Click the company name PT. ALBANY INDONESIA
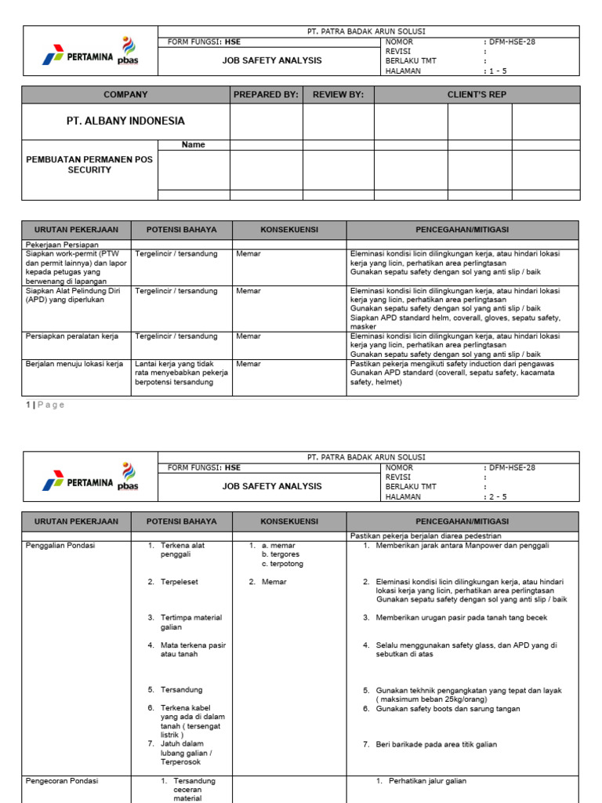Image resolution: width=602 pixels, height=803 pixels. pyautogui.click(x=125, y=121)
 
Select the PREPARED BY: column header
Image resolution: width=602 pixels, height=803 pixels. pyautogui.click(x=266, y=95)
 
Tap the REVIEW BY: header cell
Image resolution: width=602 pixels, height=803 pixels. pyautogui.click(x=338, y=95)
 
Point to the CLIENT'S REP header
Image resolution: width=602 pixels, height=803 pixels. pyautogui.click(x=477, y=95)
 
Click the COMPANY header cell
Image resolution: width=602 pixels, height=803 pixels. pyautogui.click(x=125, y=95)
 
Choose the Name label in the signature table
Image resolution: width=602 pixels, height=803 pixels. pyautogui.click(x=193, y=144)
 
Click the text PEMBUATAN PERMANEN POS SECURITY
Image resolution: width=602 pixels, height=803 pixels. pyautogui.click(x=89, y=165)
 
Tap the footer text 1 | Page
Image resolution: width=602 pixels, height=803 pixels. pyautogui.click(x=45, y=405)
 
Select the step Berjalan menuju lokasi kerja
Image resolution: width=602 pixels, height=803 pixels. pyautogui.click(x=74, y=364)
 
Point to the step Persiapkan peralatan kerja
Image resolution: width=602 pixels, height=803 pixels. pyautogui.click(x=72, y=336)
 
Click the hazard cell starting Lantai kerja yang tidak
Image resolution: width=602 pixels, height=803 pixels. pyautogui.click(x=181, y=373)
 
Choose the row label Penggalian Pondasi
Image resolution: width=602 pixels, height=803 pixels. pyautogui.click(x=60, y=545)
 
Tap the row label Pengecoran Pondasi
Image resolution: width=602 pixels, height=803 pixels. pyautogui.click(x=62, y=781)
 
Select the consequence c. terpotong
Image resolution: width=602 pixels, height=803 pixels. pyautogui.click(x=282, y=564)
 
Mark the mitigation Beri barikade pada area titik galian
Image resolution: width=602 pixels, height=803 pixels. pyautogui.click(x=436, y=744)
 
